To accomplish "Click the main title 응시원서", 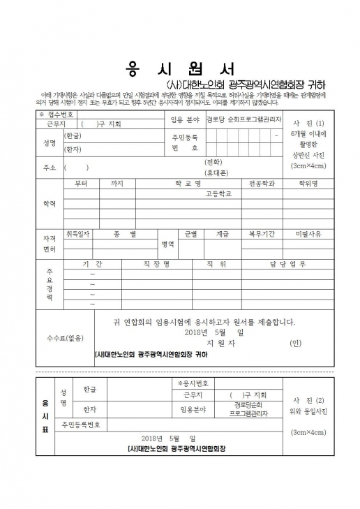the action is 180,69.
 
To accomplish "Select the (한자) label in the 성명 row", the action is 73,149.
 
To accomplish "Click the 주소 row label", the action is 49,167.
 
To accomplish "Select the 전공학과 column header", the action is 262,184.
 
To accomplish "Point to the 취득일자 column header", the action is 78,234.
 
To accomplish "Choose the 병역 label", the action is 168,244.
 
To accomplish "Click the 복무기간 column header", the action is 262,234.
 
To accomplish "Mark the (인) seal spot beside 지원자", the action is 295,343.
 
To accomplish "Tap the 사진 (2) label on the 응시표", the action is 308,400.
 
